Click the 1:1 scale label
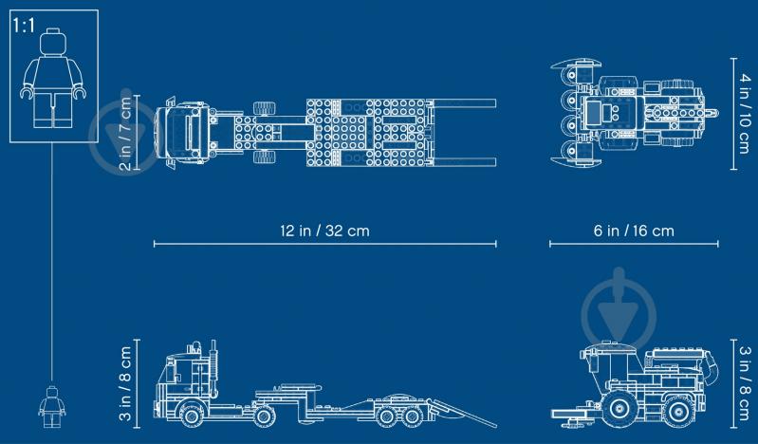tap(24, 26)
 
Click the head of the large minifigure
tap(53, 42)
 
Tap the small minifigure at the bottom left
tap(52, 407)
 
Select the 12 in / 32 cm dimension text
tap(324, 231)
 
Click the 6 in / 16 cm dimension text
tap(634, 231)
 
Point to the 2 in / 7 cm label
tap(125, 133)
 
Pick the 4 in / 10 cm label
tap(745, 114)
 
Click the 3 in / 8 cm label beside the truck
tap(125, 383)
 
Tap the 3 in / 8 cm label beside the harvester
tap(745, 383)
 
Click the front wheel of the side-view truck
tap(192, 415)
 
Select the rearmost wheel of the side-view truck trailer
tap(413, 416)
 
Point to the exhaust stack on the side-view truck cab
tap(213, 361)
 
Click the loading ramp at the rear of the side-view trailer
tap(463, 414)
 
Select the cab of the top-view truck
tap(183, 132)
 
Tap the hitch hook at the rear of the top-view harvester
tap(712, 114)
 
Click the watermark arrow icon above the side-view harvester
tap(619, 309)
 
